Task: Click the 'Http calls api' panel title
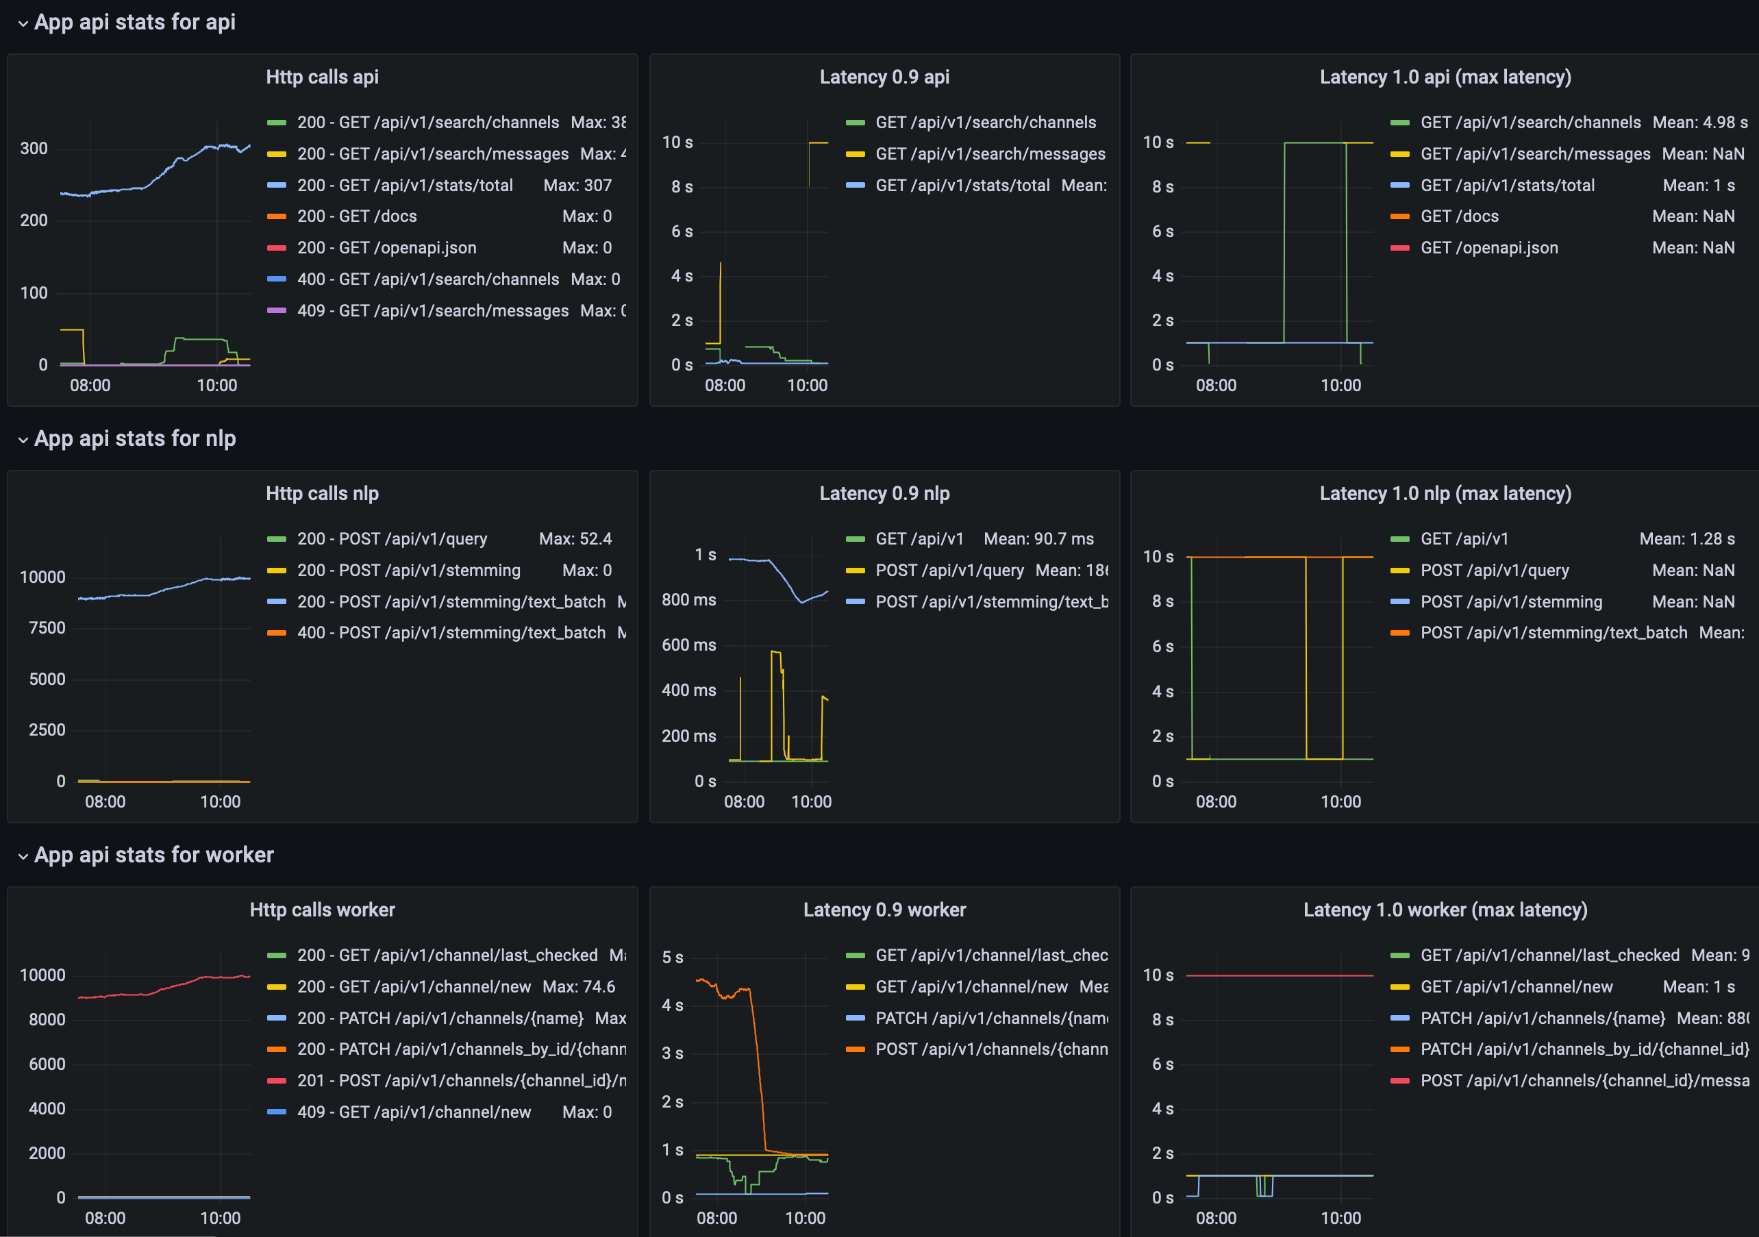coord(322,77)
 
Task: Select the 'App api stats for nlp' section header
coord(135,438)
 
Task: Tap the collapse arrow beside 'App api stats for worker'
coord(23,855)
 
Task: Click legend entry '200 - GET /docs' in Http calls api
coord(356,216)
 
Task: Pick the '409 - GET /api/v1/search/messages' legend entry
coord(432,310)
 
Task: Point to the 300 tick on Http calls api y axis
coord(34,149)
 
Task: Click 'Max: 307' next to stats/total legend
coord(577,185)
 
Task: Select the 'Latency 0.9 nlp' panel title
coord(884,493)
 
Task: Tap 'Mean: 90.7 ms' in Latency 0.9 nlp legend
coord(1038,538)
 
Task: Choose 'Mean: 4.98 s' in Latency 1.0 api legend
coord(1699,123)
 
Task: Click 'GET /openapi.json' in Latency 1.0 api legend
coord(1488,247)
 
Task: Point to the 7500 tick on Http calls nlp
coord(47,628)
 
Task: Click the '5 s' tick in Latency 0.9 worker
coord(672,958)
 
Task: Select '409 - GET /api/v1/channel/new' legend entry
coord(414,1112)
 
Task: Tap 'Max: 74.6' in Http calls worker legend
coord(578,986)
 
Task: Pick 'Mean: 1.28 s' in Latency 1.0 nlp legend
coord(1686,538)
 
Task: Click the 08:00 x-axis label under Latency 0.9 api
coord(725,385)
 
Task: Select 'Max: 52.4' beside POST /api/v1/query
coord(575,538)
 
